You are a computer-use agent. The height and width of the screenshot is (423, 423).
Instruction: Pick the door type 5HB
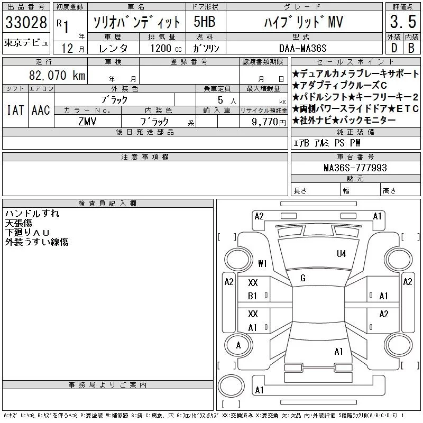click(x=204, y=22)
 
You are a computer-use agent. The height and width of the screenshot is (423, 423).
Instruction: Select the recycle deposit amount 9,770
click(x=268, y=121)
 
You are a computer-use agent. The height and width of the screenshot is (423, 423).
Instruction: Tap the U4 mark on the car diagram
click(x=341, y=253)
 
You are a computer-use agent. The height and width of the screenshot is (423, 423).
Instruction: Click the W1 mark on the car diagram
click(x=263, y=263)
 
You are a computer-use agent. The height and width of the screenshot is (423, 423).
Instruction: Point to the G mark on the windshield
click(x=303, y=278)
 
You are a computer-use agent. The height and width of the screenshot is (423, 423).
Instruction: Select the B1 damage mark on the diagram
click(x=253, y=296)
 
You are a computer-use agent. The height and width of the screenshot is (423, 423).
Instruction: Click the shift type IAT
click(x=15, y=110)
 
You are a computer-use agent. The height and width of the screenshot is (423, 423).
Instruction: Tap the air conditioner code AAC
click(x=41, y=110)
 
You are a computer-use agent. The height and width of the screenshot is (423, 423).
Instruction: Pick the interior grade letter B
click(x=411, y=48)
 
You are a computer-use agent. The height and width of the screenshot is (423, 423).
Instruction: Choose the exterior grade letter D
click(x=393, y=48)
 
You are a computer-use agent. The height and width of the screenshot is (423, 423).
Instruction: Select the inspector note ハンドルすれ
click(x=32, y=214)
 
